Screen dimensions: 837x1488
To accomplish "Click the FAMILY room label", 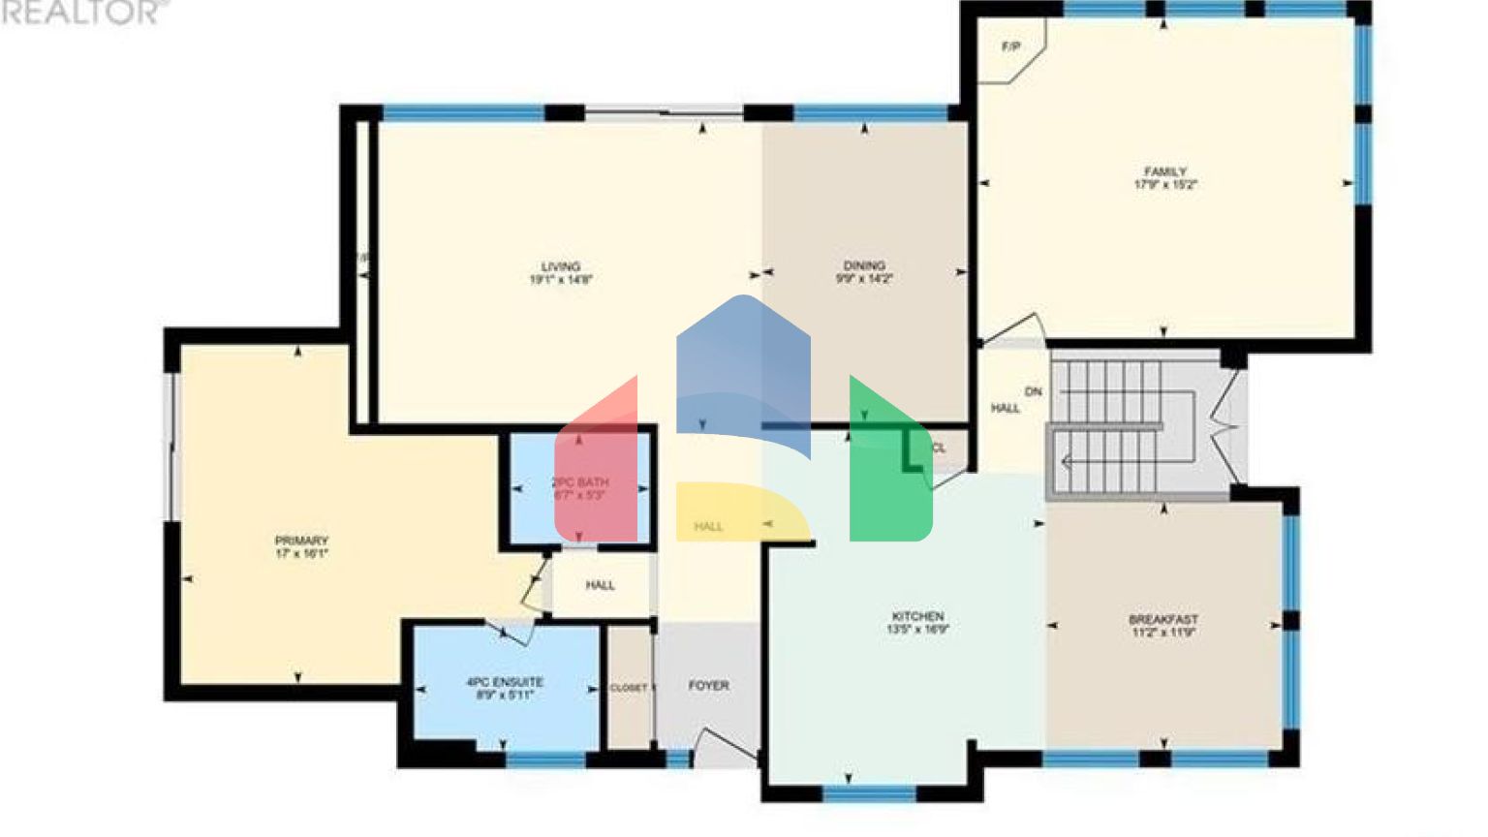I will (x=1165, y=171).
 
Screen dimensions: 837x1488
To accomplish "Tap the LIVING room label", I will (x=561, y=266).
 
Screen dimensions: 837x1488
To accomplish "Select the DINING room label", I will (x=864, y=265).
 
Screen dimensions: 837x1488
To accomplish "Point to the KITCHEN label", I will (x=917, y=616).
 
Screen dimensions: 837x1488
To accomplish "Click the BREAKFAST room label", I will (x=1163, y=619).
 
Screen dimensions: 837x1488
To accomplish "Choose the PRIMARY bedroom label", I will (x=301, y=541).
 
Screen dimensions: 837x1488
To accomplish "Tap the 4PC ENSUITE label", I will (x=505, y=682).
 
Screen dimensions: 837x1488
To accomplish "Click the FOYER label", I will (x=708, y=685).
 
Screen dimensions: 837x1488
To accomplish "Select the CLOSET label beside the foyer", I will (x=629, y=688).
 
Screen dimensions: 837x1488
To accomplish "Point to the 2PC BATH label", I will (x=579, y=482).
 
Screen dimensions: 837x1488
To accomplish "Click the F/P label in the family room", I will (x=1010, y=46).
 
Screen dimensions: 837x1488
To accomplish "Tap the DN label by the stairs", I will (x=1034, y=391).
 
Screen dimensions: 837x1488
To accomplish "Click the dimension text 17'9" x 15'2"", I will (x=1165, y=184).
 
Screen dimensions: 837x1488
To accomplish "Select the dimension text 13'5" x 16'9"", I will (x=917, y=629).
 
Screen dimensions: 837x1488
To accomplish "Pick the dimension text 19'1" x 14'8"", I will (x=561, y=279).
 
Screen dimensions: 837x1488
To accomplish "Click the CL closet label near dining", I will (x=938, y=449).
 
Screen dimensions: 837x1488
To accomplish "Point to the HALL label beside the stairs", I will (x=1006, y=408).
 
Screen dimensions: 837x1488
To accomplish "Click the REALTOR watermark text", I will (x=81, y=12).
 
